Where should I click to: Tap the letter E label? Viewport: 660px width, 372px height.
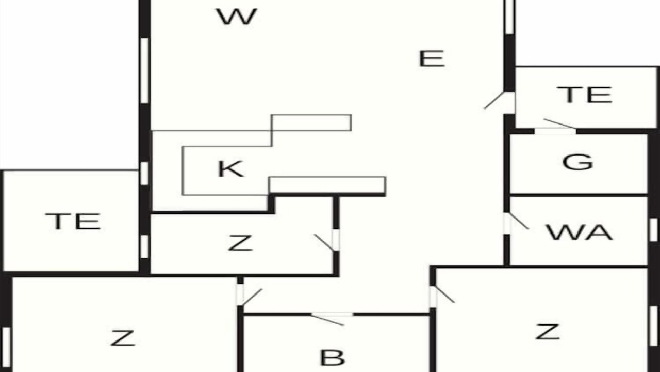(432, 58)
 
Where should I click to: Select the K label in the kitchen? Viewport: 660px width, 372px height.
(230, 169)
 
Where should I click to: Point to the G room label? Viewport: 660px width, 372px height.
(577, 162)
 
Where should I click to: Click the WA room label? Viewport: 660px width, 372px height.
(579, 232)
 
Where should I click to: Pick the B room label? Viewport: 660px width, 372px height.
(333, 358)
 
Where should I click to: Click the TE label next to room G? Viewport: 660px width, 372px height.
(584, 95)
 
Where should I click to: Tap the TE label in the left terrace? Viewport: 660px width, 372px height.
(73, 221)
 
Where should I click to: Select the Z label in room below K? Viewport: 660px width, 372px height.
(240, 243)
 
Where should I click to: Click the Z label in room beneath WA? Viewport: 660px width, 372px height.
(548, 332)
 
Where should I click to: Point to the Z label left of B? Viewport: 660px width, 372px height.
(123, 338)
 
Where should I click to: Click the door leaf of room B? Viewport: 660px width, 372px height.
(327, 320)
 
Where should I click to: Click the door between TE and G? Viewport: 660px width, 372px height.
(560, 123)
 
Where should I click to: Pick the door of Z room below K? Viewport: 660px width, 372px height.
(324, 243)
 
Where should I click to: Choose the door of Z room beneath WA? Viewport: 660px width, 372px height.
(445, 295)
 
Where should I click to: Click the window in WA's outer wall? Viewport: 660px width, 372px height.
(653, 229)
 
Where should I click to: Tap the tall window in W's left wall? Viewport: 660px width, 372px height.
(144, 71)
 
